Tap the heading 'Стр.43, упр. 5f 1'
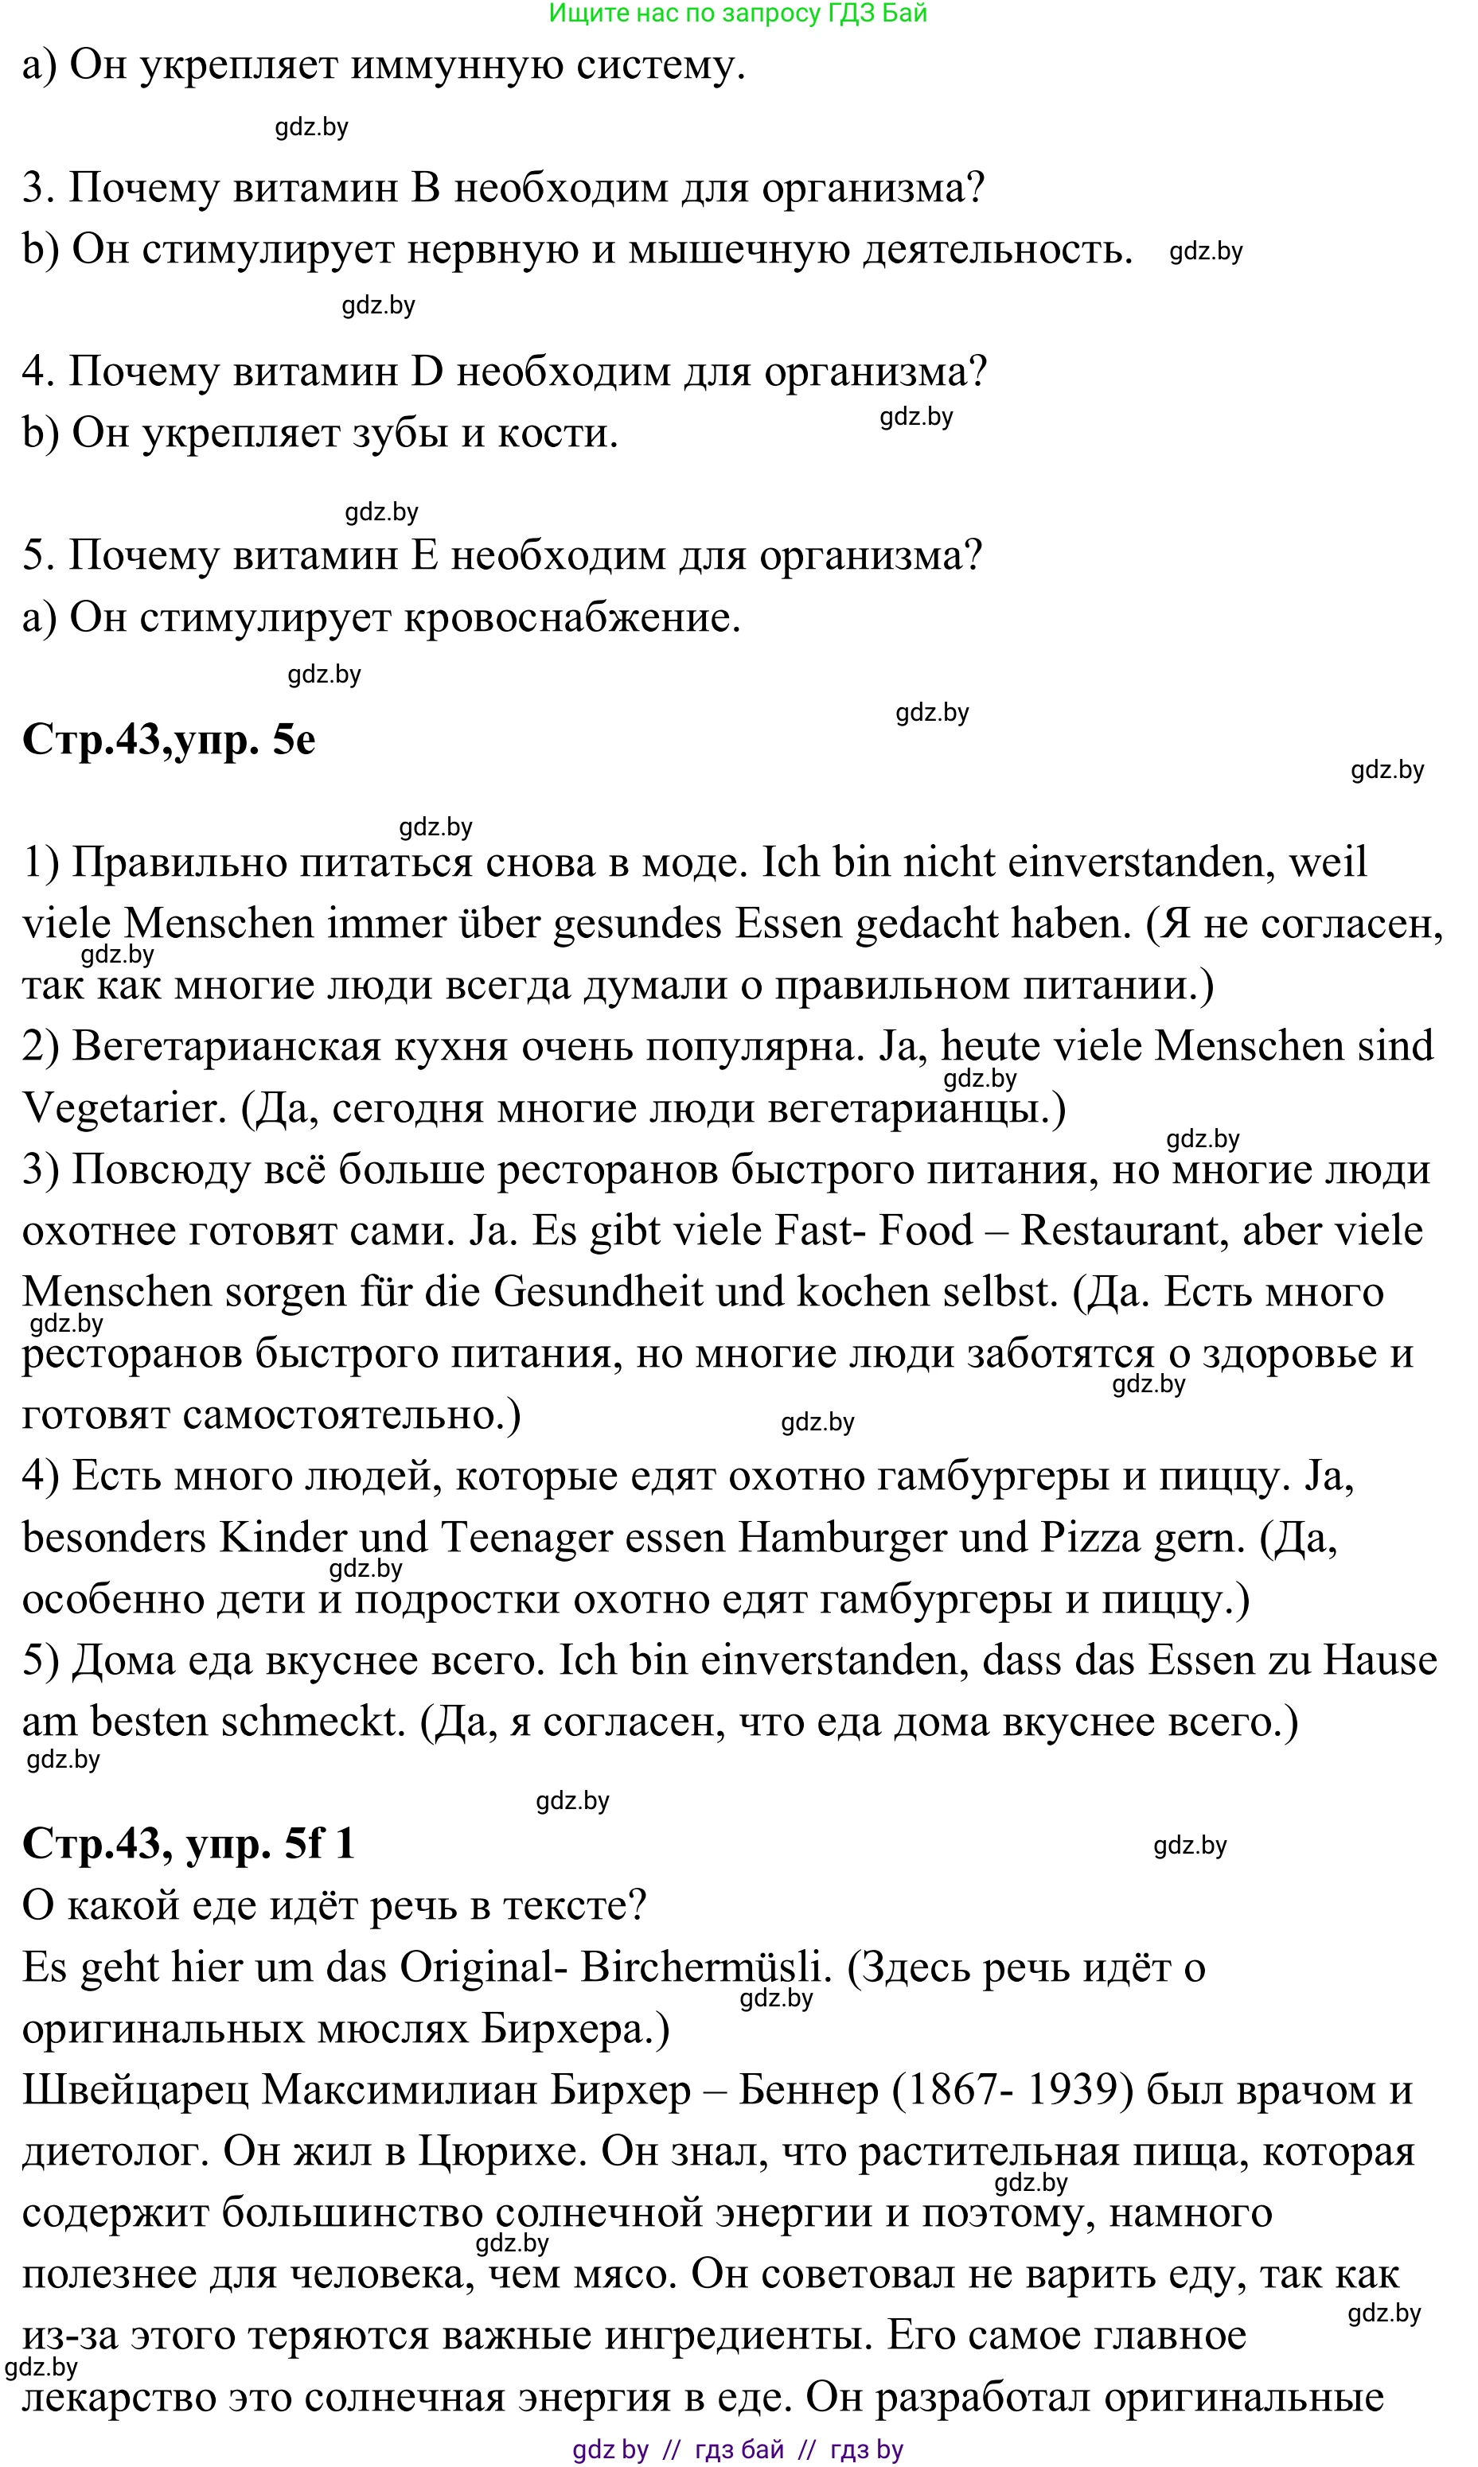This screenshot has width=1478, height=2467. coord(189,1842)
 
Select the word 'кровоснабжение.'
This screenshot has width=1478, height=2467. coord(574,617)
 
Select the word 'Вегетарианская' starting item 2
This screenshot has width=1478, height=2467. coord(227,1046)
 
